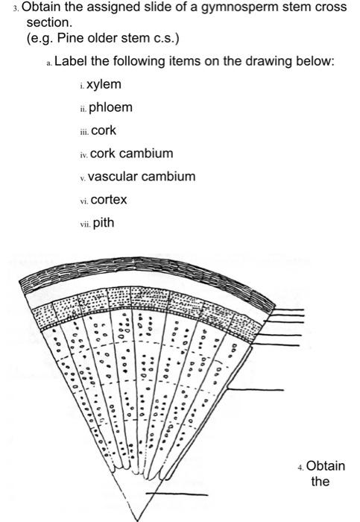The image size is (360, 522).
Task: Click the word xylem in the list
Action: point(104,84)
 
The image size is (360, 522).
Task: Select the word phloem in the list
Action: point(110,107)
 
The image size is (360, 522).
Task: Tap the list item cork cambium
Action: point(132,154)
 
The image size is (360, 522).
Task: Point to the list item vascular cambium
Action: point(142,177)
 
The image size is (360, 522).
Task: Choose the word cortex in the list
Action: point(109,200)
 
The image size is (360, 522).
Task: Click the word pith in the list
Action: point(104,223)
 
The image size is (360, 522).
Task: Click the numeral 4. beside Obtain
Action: point(301,468)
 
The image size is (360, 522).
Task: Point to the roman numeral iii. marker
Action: point(85,132)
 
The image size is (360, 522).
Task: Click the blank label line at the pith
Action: point(177,494)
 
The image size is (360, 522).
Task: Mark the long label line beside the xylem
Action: point(256,389)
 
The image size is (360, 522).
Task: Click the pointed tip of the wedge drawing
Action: point(136,520)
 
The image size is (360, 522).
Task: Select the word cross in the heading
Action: point(330,7)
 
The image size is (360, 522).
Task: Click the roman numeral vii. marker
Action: point(85,224)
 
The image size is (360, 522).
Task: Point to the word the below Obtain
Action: point(320,481)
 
